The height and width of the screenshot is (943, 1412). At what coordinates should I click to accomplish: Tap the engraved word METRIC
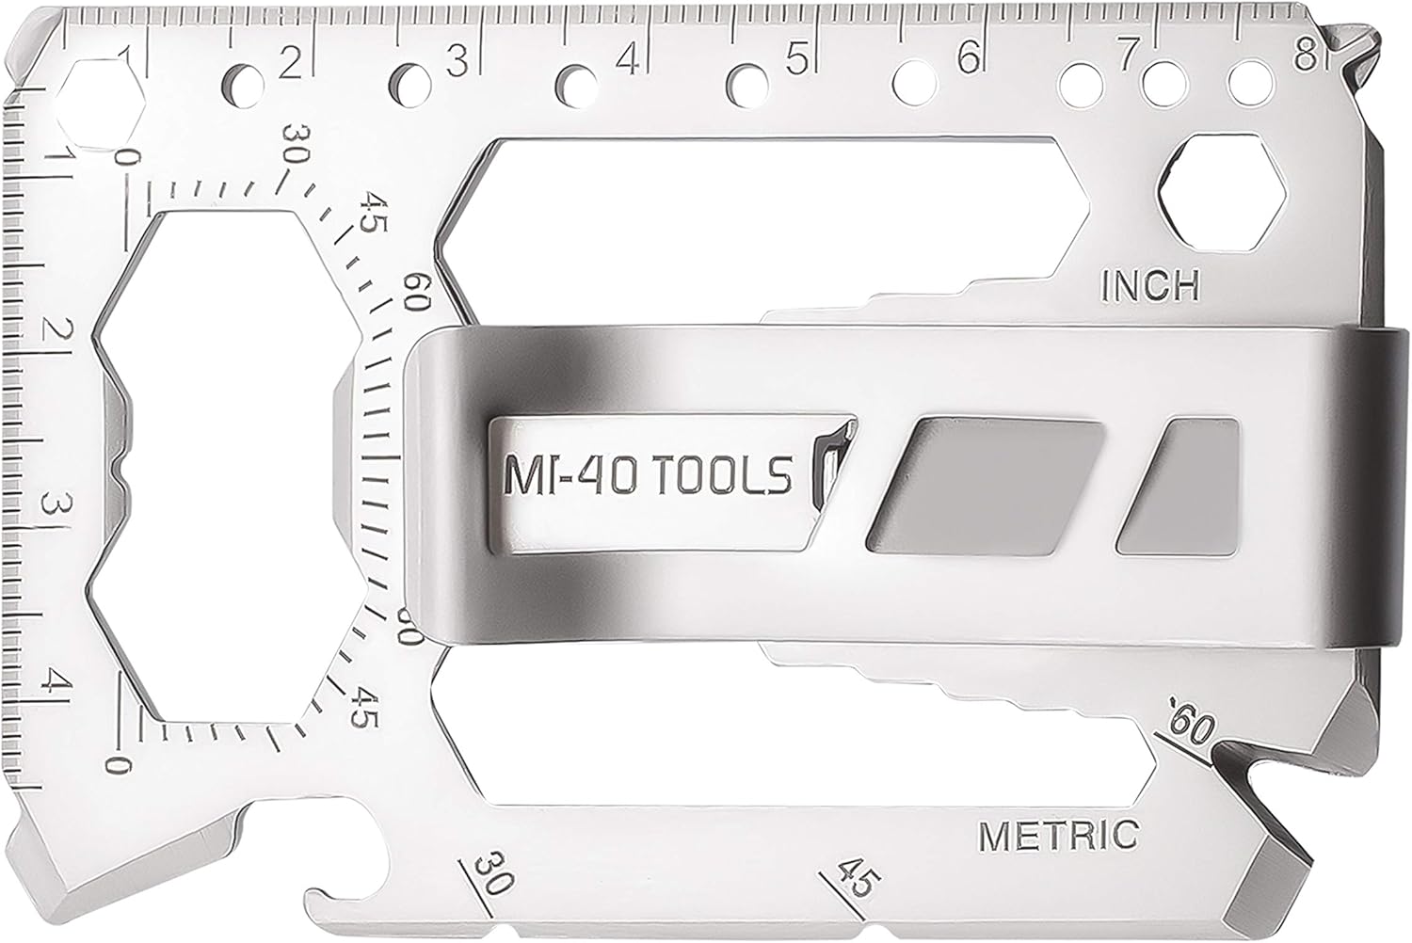1058,833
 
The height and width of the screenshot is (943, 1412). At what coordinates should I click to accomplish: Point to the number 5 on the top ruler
796,60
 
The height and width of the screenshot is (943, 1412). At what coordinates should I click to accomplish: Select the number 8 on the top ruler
1306,58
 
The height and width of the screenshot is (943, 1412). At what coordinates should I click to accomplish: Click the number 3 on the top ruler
457,61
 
